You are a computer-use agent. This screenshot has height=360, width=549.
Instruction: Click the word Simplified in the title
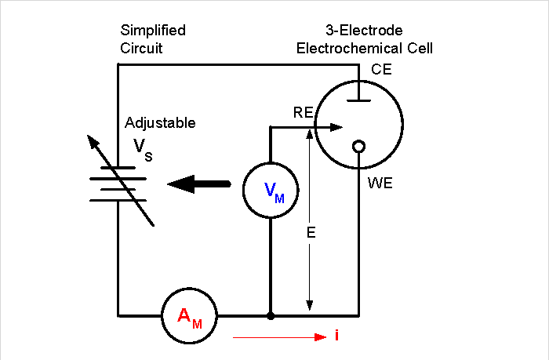click(153, 31)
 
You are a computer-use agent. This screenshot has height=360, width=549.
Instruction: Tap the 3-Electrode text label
click(364, 31)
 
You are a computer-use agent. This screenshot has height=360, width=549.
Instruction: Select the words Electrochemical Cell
click(364, 48)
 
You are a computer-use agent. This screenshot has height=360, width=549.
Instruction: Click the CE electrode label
click(381, 70)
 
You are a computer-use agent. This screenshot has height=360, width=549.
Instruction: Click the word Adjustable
click(160, 123)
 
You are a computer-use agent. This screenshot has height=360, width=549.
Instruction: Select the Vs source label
click(142, 149)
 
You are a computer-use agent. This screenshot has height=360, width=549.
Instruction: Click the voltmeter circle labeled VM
click(271, 189)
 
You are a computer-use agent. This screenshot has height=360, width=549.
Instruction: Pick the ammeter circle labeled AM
click(189, 315)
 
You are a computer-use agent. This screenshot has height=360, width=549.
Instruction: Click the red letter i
click(336, 336)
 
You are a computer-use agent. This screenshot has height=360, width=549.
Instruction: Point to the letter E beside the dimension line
click(311, 232)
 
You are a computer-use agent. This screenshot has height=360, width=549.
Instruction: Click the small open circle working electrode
click(359, 146)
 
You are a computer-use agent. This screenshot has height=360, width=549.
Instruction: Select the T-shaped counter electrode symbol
click(359, 95)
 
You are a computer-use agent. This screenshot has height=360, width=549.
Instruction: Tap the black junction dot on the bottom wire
click(271, 316)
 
